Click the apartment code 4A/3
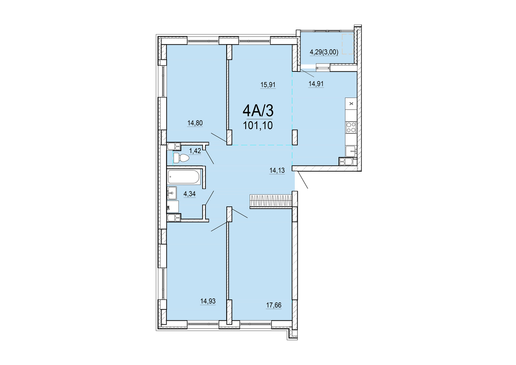(x=258, y=111)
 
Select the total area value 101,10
(x=258, y=126)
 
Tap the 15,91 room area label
(x=268, y=85)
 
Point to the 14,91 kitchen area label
(x=316, y=84)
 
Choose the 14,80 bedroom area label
(x=195, y=123)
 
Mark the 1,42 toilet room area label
(x=195, y=151)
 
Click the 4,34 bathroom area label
(x=190, y=194)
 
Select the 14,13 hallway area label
(x=277, y=171)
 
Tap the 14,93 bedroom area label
(x=208, y=301)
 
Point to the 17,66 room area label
(x=274, y=305)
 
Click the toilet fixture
(x=181, y=158)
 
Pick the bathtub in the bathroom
(x=183, y=177)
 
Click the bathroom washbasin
(x=172, y=193)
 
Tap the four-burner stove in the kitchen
(x=351, y=127)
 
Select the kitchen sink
(x=351, y=151)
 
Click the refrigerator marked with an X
(x=351, y=104)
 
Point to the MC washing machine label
(x=168, y=208)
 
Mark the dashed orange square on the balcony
(x=348, y=44)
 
